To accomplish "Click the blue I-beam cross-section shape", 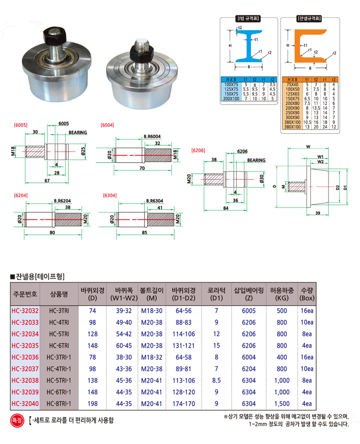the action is [x=249, y=46].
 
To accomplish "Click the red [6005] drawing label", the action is [x=21, y=125].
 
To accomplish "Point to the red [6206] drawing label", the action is [x=198, y=150].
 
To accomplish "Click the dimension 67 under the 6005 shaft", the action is [x=47, y=181].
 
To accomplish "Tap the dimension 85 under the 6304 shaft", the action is [x=144, y=232].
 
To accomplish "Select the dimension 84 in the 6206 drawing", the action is [x=226, y=208].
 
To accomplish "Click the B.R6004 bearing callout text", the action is [x=152, y=137].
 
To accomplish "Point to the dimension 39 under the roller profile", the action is [x=318, y=213].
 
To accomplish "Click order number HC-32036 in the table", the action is [x=25, y=357].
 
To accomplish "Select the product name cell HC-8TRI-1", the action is [x=59, y=404].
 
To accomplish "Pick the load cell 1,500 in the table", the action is [x=282, y=404].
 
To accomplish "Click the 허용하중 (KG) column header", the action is [x=282, y=294].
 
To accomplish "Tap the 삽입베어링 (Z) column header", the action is [x=249, y=294].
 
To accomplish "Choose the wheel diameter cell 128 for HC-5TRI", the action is [x=93, y=334].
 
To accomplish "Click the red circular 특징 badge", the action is [x=17, y=420].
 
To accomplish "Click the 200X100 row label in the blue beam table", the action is [x=231, y=99].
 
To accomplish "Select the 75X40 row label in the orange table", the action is [x=292, y=84].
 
